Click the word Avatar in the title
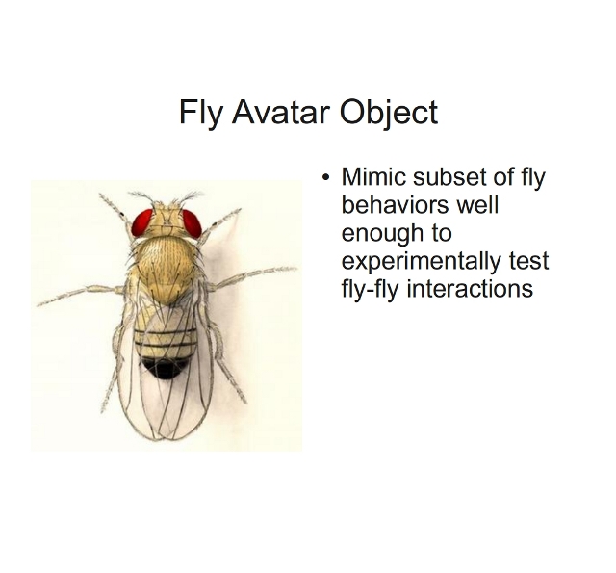coord(280,112)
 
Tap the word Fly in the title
coord(200,114)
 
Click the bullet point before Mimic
coord(325,177)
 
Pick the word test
coord(528,261)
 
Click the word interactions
coord(470,289)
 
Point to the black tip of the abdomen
coord(163,367)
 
